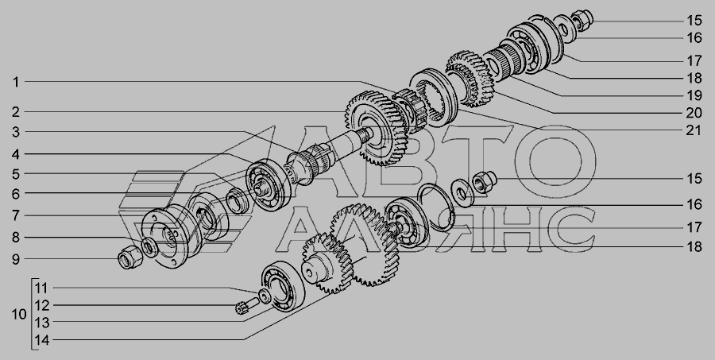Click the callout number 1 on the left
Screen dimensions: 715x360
pyautogui.click(x=16, y=82)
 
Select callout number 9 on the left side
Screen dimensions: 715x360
pyautogui.click(x=16, y=260)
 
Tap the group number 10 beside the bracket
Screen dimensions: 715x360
pyautogui.click(x=19, y=315)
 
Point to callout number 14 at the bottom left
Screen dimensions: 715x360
pyautogui.click(x=41, y=340)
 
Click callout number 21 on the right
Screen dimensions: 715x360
pyautogui.click(x=694, y=130)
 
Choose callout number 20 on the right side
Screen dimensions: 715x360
pyautogui.click(x=694, y=113)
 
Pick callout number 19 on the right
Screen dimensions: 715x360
pyautogui.click(x=694, y=96)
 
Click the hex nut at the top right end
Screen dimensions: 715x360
pyautogui.click(x=582, y=20)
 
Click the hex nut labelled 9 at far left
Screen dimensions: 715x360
pyautogui.click(x=130, y=257)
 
